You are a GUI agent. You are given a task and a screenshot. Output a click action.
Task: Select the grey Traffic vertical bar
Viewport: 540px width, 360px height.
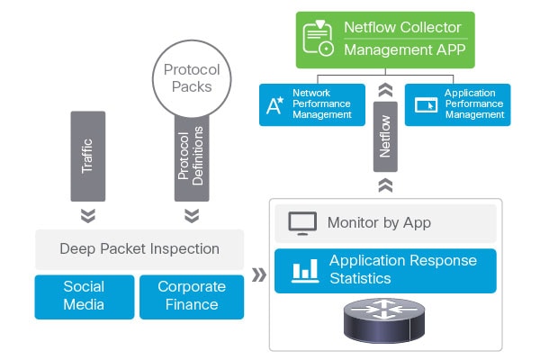point(87,156)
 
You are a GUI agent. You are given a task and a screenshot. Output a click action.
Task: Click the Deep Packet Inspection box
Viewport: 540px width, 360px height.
point(139,249)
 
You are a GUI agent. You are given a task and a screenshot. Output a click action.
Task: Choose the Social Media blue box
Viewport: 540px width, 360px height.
point(84,296)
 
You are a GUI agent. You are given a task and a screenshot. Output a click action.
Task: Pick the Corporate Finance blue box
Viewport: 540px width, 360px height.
point(192,296)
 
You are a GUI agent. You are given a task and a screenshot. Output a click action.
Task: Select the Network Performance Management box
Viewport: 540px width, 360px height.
point(310,104)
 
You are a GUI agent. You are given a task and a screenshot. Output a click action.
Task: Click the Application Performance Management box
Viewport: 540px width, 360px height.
point(457,104)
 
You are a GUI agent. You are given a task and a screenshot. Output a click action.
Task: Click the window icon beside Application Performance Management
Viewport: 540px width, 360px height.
point(426,105)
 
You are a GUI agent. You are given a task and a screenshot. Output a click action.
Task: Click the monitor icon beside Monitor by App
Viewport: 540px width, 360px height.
point(300,223)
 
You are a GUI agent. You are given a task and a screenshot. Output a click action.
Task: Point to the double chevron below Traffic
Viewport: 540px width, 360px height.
point(87,216)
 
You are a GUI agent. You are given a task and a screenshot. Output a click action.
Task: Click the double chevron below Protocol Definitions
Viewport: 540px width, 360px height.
point(191,216)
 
